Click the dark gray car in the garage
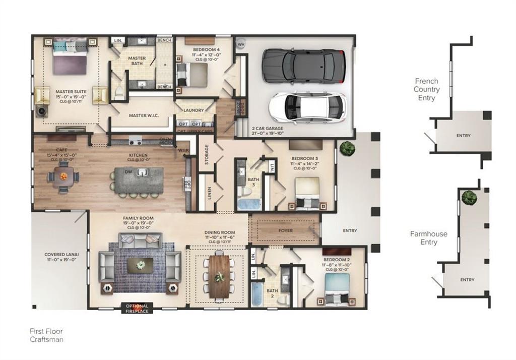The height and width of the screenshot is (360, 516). click(x=303, y=66)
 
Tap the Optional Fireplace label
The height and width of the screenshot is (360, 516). click(x=137, y=308)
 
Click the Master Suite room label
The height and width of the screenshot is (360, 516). click(x=71, y=94)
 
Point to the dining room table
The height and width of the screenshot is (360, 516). click(x=219, y=277)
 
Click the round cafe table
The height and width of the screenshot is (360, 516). click(x=63, y=177)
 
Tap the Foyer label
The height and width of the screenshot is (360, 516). click(x=286, y=230)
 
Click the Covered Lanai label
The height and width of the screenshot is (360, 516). click(x=60, y=257)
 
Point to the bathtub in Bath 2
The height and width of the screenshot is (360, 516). click(x=257, y=293)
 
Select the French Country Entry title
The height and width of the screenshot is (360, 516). click(x=426, y=89)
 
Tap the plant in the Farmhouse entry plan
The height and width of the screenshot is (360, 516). click(x=469, y=198)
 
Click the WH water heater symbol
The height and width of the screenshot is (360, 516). click(x=241, y=44)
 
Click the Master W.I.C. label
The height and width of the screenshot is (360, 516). click(x=144, y=115)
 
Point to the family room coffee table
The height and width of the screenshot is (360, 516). click(x=140, y=265)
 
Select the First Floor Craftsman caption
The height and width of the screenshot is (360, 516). click(x=46, y=335)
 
